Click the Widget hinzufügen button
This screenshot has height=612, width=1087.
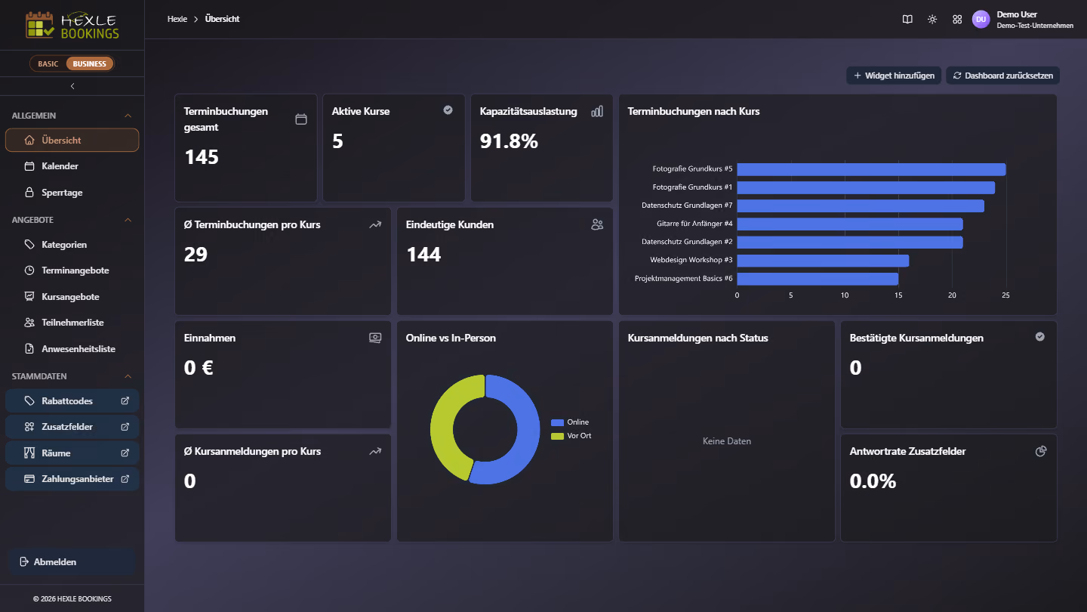[x=894, y=76]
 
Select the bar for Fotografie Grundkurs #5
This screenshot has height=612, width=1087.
[x=871, y=169]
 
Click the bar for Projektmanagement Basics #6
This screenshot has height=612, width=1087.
[x=818, y=278]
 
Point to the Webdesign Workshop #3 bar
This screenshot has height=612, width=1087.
[x=823, y=261]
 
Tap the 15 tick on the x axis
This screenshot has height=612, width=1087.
[x=898, y=295]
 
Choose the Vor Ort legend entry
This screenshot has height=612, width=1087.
[x=571, y=436]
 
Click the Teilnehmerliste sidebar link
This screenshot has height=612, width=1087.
[x=72, y=323]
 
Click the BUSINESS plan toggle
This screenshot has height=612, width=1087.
[x=89, y=63]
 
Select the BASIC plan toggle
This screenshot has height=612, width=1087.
[x=48, y=63]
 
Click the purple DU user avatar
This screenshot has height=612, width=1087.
[x=981, y=20]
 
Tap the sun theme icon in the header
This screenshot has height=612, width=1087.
[x=932, y=20]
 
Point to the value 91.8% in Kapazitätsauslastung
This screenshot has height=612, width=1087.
[x=509, y=141]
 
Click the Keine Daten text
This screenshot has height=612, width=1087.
[x=726, y=441]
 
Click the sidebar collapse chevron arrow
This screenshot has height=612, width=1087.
[x=72, y=86]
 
